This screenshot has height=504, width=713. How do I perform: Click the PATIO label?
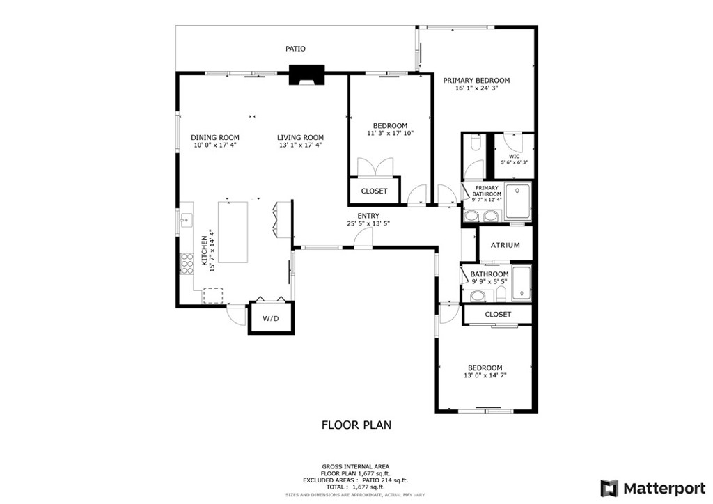click(295, 49)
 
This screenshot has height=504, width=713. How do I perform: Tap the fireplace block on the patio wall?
click(307, 75)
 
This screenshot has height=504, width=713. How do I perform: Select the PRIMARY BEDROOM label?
click(476, 80)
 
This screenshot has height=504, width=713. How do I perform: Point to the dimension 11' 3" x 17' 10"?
click(390, 133)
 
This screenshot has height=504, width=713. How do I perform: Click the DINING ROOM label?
click(215, 137)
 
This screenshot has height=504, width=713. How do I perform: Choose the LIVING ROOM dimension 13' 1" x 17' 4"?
click(300, 145)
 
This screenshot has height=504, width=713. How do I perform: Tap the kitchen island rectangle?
click(233, 231)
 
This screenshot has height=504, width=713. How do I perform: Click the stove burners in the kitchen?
click(187, 262)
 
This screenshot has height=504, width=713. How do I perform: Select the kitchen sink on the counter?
click(186, 221)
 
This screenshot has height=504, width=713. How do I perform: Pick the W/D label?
click(270, 318)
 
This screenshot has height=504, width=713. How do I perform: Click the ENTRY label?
click(368, 216)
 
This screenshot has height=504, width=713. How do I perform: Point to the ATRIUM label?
click(505, 245)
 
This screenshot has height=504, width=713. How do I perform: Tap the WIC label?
click(515, 156)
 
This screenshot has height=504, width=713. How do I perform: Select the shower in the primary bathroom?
click(517, 200)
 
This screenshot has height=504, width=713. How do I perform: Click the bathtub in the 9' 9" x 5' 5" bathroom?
click(521, 283)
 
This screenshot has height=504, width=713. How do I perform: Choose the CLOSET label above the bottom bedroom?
click(498, 314)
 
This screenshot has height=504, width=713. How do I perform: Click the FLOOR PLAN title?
click(356, 424)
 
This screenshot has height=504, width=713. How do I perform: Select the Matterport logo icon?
click(610, 487)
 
